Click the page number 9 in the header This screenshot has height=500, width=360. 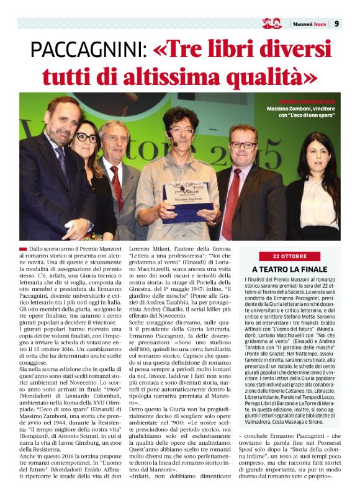pyautogui.click(x=336, y=24)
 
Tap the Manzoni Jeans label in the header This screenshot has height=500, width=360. pyautogui.click(x=308, y=24)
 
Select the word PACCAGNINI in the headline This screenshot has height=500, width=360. pyautogui.click(x=88, y=50)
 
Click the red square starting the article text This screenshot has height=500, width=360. pyautogui.click(x=23, y=248)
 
